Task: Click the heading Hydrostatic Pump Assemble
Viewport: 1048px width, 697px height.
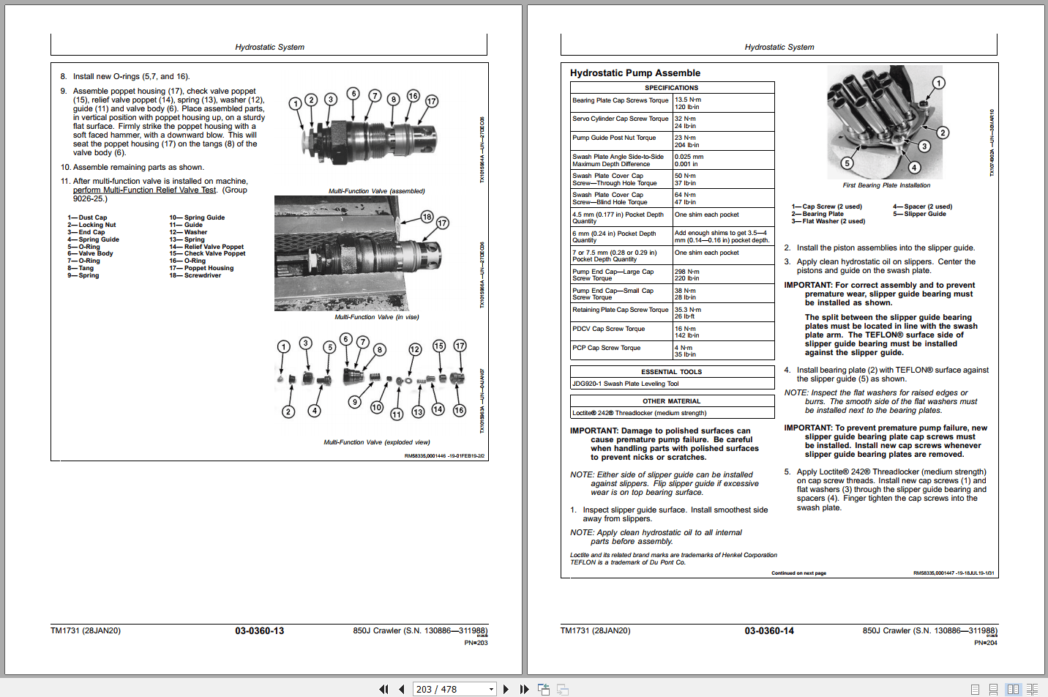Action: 635,73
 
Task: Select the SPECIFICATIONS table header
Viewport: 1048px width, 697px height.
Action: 671,88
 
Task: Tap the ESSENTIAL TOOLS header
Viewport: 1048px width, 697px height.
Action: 671,372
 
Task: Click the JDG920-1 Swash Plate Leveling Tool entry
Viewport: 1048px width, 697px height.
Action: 625,384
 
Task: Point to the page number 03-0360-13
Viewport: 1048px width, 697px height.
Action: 259,630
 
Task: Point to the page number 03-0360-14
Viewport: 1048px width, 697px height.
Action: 768,630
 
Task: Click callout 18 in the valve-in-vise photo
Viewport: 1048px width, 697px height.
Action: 427,217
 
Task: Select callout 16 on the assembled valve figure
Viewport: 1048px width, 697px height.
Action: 413,96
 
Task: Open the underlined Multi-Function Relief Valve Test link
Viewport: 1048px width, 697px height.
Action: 145,190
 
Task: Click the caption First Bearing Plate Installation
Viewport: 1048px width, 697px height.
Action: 886,185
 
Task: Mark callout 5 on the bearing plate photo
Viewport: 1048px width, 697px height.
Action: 847,163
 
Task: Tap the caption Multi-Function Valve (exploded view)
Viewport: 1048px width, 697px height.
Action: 376,442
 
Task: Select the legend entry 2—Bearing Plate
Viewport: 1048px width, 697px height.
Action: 817,214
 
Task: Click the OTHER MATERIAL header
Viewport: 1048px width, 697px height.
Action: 671,401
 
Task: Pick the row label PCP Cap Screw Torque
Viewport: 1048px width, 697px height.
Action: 606,348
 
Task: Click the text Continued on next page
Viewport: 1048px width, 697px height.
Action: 798,573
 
